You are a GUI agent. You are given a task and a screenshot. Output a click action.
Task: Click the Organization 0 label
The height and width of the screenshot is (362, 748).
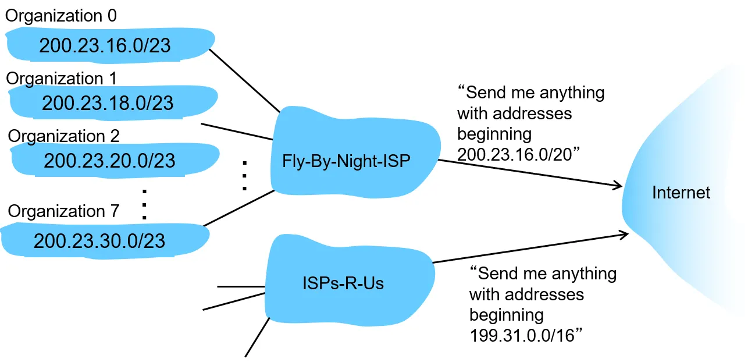pos(61,16)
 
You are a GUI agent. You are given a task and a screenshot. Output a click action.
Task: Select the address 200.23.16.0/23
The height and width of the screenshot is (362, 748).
pos(105,45)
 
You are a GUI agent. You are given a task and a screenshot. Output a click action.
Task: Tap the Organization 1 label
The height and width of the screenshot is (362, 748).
pos(62,79)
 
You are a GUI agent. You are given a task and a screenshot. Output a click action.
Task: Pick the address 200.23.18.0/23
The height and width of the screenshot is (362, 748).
pos(108,103)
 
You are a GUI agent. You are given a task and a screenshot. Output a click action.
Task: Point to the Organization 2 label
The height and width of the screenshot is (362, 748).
pos(63,136)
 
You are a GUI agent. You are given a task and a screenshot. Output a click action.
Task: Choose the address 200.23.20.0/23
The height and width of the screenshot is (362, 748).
pos(109,161)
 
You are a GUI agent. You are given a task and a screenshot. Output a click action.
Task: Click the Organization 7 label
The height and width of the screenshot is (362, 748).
pos(63,211)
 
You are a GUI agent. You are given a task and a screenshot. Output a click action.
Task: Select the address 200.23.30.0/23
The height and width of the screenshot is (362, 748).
pos(99,241)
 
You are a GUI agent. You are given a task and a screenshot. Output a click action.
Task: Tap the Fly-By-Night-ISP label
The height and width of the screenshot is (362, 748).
pos(346,161)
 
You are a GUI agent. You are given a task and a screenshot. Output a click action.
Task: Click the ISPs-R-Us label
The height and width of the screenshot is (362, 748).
pos(343,283)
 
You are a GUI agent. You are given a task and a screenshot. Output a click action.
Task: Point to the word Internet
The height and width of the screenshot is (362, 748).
pos(681,193)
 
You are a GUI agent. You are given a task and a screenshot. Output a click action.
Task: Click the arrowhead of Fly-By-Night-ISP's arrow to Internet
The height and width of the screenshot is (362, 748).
pos(622,186)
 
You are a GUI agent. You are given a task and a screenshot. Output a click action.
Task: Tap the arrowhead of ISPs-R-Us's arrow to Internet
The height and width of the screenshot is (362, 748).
pos(628,234)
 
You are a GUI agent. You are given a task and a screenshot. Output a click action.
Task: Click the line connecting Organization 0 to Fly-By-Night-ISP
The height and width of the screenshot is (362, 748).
pos(244,81)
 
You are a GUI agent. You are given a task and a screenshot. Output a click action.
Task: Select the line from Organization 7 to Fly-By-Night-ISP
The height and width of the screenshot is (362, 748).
pos(238,208)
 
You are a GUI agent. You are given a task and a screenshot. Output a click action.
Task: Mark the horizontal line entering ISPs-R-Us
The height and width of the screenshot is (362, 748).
pos(241,286)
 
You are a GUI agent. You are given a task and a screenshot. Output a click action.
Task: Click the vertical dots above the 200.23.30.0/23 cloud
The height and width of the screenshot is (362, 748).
pos(144,204)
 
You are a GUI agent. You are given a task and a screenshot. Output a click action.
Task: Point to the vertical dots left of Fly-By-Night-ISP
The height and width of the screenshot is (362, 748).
pos(245,176)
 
